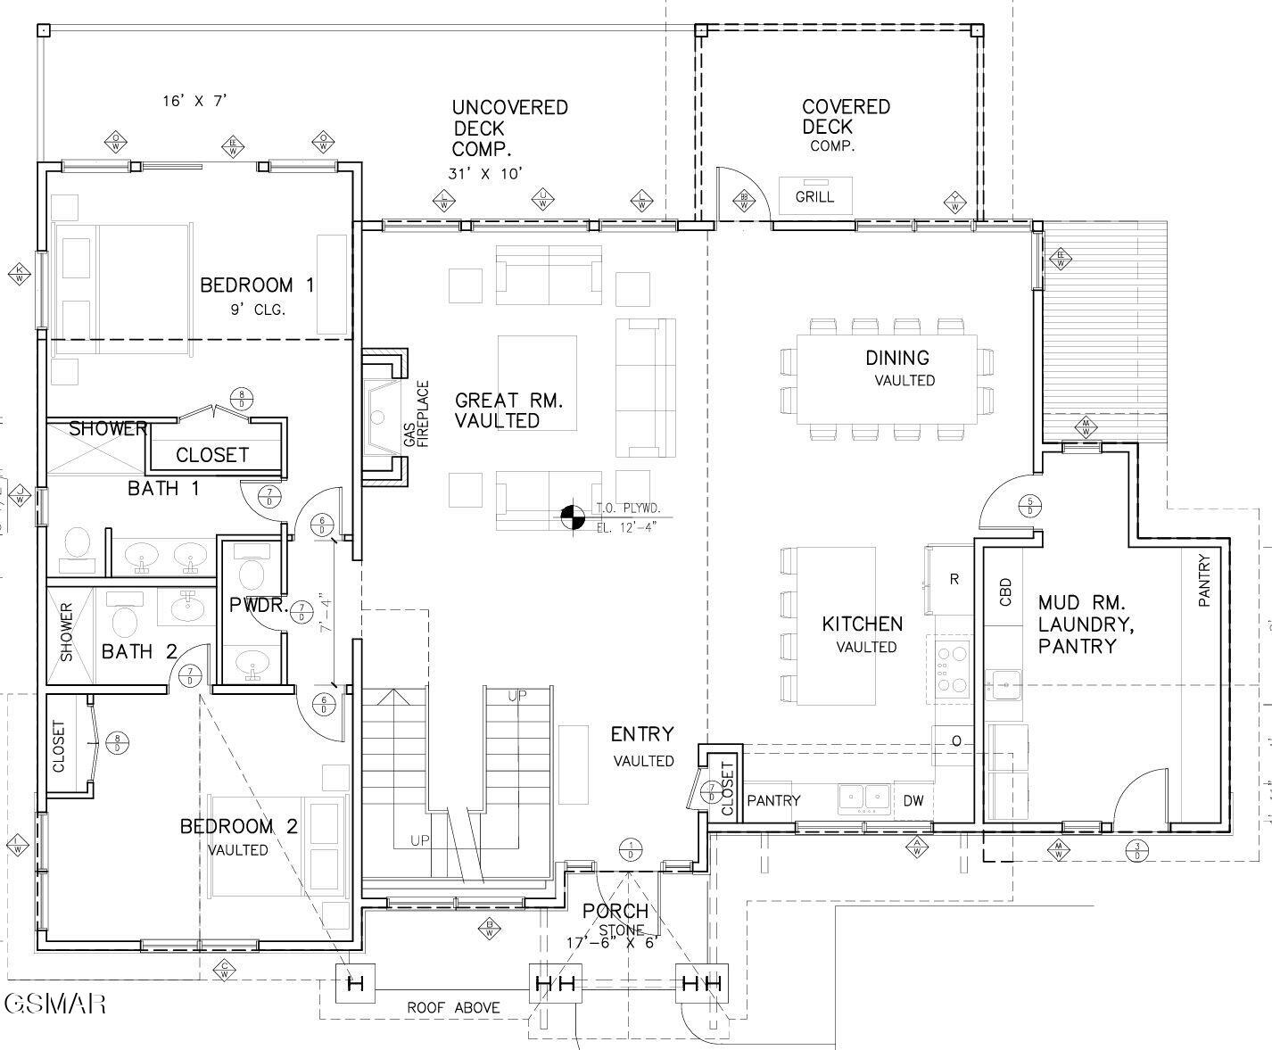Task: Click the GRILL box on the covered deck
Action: point(814,195)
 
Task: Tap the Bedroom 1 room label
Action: point(256,285)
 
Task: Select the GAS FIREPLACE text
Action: point(416,415)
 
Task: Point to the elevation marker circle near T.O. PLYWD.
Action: point(572,516)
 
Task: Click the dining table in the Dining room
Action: point(886,379)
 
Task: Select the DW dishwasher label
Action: point(913,801)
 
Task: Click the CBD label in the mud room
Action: point(1005,592)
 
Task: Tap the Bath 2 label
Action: point(139,651)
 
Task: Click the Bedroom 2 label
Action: point(239,826)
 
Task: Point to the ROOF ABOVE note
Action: point(453,1008)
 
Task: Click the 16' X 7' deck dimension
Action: point(194,101)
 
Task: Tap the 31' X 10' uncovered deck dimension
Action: point(484,174)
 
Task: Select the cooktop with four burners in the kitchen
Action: point(950,669)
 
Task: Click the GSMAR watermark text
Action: point(55,1004)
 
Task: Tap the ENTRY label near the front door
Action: point(641,734)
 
